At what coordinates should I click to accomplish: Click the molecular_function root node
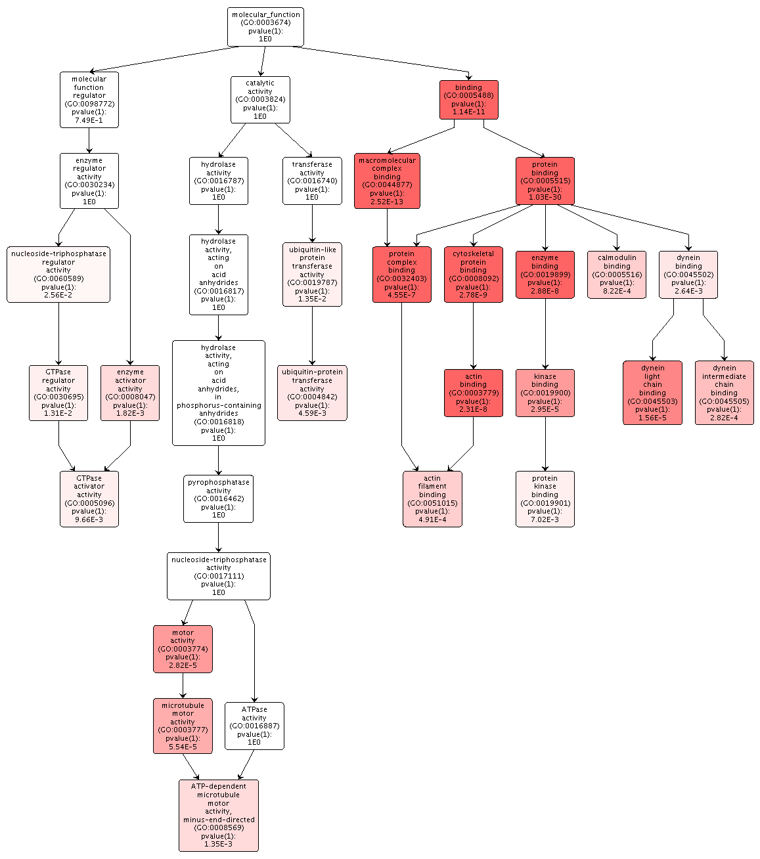pyautogui.click(x=265, y=27)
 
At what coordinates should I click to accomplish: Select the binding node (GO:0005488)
pyautogui.click(x=468, y=100)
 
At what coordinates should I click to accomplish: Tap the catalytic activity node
pyautogui.click(x=260, y=100)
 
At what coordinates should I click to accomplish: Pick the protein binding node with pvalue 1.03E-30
pyautogui.click(x=545, y=181)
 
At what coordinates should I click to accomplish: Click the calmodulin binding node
pyautogui.click(x=617, y=275)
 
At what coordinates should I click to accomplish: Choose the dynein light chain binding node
pyautogui.click(x=652, y=393)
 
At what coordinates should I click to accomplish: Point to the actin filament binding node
pyautogui.click(x=432, y=499)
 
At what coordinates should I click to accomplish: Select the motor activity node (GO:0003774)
pyautogui.click(x=183, y=649)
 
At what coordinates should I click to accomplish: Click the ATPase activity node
pyautogui.click(x=254, y=726)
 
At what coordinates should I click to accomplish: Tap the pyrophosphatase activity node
pyautogui.click(x=218, y=499)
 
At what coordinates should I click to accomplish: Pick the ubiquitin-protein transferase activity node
pyautogui.click(x=312, y=393)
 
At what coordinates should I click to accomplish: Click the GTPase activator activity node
pyautogui.click(x=89, y=499)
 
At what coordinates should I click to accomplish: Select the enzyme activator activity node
pyautogui.click(x=130, y=393)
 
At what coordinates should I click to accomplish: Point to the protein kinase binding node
pyautogui.click(x=545, y=499)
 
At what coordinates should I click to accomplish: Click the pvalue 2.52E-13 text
pyautogui.click(x=387, y=202)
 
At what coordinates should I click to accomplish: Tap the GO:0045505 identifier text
pyautogui.click(x=724, y=401)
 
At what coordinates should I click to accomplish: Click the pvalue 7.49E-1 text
pyautogui.click(x=89, y=120)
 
